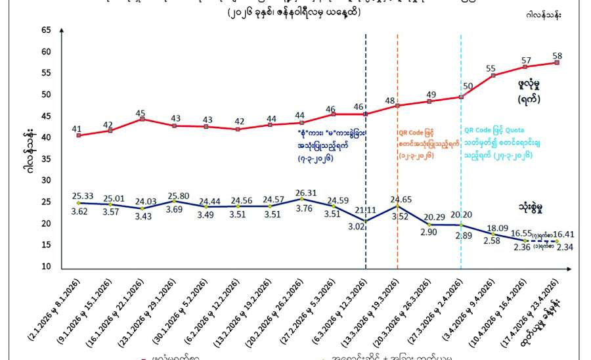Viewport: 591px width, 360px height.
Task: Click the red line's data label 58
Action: pos(557,55)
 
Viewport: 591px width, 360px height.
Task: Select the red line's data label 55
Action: pos(491,68)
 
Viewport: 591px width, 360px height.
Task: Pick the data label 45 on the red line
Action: pos(141,113)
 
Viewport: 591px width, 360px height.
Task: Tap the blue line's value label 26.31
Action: pos(302,192)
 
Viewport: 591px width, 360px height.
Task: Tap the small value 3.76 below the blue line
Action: pos(302,210)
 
